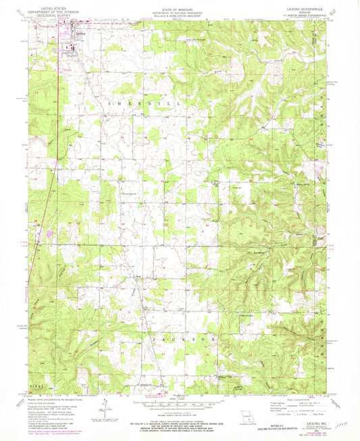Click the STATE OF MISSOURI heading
(180, 5)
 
